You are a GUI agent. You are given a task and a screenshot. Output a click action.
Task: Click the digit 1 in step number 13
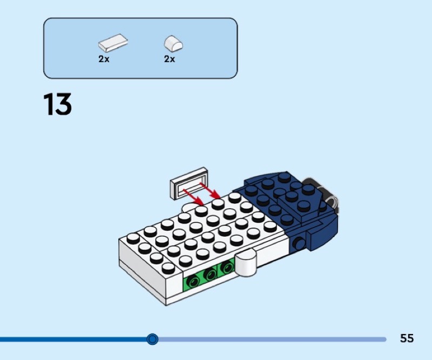coord(49,105)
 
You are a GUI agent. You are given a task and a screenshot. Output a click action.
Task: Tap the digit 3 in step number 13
coord(63,105)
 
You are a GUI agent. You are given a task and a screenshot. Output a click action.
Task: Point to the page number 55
coord(407,338)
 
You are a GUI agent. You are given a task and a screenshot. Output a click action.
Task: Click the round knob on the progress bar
coord(153,339)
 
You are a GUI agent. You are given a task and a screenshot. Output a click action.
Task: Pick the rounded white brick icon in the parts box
coord(173,43)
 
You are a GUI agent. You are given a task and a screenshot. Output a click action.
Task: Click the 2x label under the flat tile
coord(104,59)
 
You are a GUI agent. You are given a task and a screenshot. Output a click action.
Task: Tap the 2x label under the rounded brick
coord(170,59)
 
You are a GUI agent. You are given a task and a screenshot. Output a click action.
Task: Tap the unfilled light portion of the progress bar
coord(270,339)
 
